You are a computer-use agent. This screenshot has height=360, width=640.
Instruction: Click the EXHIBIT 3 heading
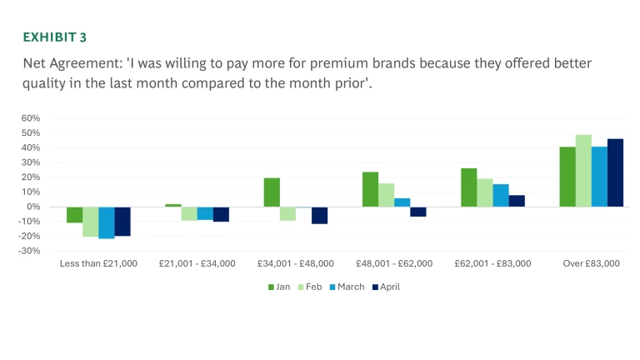click(x=53, y=37)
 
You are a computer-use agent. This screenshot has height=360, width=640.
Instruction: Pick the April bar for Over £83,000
click(x=615, y=172)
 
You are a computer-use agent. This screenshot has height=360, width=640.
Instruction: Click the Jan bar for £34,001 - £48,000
click(x=272, y=192)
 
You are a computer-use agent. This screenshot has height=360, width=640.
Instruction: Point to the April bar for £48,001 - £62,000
click(x=418, y=212)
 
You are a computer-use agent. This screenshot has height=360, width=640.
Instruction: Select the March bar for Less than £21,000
click(x=106, y=222)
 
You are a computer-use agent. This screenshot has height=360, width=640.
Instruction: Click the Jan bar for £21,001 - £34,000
click(x=173, y=205)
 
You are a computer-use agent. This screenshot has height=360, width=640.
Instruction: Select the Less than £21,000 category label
click(x=98, y=263)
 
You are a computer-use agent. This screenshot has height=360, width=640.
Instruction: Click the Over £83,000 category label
click(x=591, y=263)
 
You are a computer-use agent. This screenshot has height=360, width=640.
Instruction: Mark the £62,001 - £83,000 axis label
click(x=492, y=263)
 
